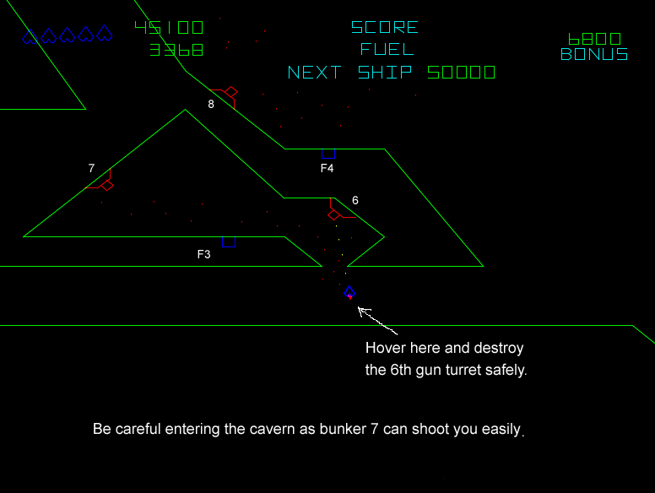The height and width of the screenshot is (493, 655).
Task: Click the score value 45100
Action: (x=169, y=28)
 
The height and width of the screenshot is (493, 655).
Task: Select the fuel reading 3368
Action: (x=176, y=50)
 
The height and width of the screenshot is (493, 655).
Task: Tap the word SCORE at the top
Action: (x=384, y=28)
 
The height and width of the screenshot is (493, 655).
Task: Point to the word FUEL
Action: (x=387, y=49)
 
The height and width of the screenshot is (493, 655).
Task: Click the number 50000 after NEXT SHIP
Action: (x=461, y=73)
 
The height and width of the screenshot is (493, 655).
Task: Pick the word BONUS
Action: (x=594, y=54)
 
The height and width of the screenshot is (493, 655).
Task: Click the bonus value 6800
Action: (x=594, y=40)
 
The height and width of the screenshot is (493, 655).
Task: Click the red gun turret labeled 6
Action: (x=338, y=211)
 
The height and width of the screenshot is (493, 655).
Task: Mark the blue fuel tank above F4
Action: (x=328, y=154)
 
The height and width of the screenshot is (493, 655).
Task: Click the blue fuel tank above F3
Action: (x=229, y=242)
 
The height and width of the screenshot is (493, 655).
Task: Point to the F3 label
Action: (x=204, y=254)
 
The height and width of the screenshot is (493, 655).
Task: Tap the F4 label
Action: (x=327, y=168)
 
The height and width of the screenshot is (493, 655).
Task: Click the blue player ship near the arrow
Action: (x=349, y=292)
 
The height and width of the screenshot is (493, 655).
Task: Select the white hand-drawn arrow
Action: (x=377, y=321)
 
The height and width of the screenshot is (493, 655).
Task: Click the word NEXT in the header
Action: (x=315, y=73)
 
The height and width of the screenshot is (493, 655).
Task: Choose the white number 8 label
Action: (x=211, y=104)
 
